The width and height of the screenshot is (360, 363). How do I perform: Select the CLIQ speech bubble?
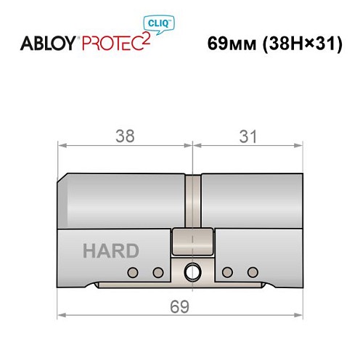coord(164,24)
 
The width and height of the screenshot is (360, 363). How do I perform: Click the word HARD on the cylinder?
coord(111,251)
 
